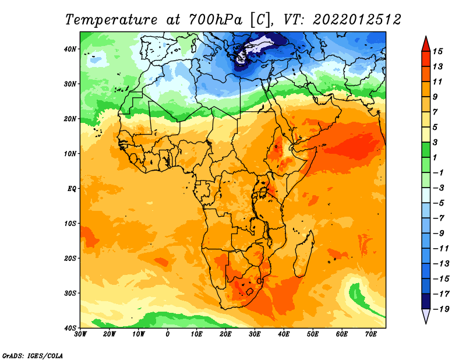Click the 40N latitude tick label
tap(70, 49)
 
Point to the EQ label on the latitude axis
tap(72, 189)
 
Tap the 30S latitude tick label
tap(70, 293)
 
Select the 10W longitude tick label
tap(138, 334)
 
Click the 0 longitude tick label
tap(168, 334)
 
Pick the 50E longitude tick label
tap(313, 334)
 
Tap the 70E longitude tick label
tap(370, 334)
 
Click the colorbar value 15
tap(437, 51)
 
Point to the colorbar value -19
tap(441, 309)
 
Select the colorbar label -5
tap(439, 203)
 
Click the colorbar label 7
tap(435, 112)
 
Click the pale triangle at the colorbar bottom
tap(426, 316)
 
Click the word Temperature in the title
tap(111, 20)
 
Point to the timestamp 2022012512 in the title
tap(357, 20)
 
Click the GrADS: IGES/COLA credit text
tap(33, 356)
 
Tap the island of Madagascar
tap(303, 253)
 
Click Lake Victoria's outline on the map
tap(263, 192)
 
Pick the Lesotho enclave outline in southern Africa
tap(250, 291)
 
